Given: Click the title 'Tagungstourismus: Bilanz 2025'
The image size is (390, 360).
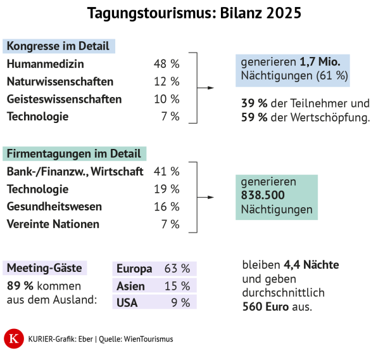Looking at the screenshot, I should [194, 13].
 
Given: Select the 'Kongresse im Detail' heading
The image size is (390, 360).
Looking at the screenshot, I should [58, 46].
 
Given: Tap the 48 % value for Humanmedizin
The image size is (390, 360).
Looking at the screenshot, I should [167, 64].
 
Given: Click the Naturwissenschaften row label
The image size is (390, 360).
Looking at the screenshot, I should [60, 82].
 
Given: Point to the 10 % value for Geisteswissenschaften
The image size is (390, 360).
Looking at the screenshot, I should [167, 100].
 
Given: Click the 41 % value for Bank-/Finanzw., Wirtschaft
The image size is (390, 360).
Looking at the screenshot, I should [167, 171].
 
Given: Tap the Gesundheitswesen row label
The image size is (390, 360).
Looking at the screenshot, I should [54, 207].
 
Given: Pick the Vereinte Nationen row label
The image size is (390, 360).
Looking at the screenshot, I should [53, 224].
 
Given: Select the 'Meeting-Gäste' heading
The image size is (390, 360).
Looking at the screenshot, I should [44, 268].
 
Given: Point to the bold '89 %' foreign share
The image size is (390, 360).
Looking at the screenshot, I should [20, 286].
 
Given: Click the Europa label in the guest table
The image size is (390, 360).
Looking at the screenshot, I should [134, 269].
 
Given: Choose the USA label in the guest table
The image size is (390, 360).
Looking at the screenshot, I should [127, 303].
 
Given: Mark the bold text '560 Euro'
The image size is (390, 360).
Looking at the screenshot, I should [267, 307].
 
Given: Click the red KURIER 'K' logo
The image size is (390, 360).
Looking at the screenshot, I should [13, 339].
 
